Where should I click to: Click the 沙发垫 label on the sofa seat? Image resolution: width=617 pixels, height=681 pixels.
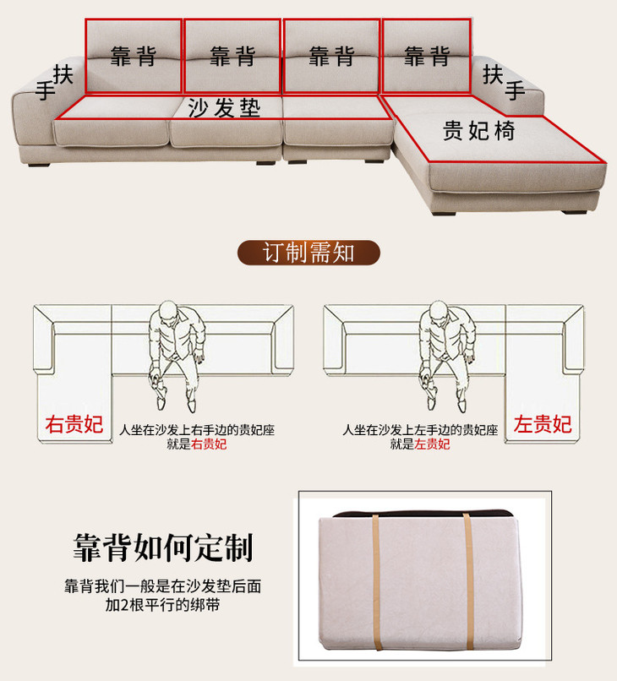coord(224,107)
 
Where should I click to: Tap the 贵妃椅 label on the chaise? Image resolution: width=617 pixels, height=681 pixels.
coord(479,130)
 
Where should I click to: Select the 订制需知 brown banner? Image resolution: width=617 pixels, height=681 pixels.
coord(308,253)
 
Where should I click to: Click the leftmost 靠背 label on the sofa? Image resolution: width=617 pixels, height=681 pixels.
coord(134,56)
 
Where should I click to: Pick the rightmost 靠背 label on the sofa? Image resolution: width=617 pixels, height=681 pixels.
coord(427,56)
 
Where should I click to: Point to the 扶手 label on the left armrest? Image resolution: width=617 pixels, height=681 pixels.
coord(54,83)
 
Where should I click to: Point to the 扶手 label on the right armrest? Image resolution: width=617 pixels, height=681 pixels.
coord(504,82)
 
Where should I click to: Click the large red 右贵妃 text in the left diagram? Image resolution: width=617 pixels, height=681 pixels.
coord(74,424)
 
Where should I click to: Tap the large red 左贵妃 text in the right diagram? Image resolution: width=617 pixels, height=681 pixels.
coord(543,424)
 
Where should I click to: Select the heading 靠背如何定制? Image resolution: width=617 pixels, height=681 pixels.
coord(163,548)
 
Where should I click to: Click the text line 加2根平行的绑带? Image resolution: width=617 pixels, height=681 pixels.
coord(162,605)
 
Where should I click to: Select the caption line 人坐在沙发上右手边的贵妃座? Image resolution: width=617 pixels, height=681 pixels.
coord(197,430)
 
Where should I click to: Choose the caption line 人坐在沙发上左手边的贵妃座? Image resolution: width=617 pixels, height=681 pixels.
coord(420,430)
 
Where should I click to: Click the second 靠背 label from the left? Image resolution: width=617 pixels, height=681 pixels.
coord(232,56)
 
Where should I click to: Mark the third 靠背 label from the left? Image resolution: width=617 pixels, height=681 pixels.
coord(331,56)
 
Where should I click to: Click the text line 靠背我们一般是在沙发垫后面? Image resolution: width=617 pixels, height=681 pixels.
coord(163,586)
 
